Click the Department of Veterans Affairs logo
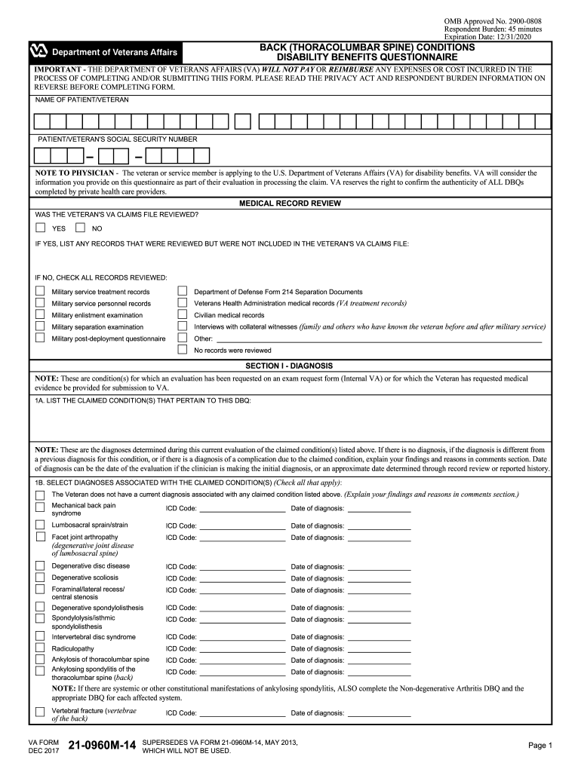(38, 51)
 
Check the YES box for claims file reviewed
(40, 228)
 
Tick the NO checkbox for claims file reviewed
(80, 228)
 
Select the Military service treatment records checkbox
(40, 291)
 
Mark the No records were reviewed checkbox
(182, 350)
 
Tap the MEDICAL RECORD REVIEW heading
(290, 204)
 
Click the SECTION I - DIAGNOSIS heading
(290, 366)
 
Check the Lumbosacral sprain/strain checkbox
(40, 525)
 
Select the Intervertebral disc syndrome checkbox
(40, 636)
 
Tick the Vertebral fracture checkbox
(40, 712)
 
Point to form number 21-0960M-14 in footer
(102, 746)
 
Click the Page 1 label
(540, 746)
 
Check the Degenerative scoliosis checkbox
(40, 577)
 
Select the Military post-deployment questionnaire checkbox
(40, 338)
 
